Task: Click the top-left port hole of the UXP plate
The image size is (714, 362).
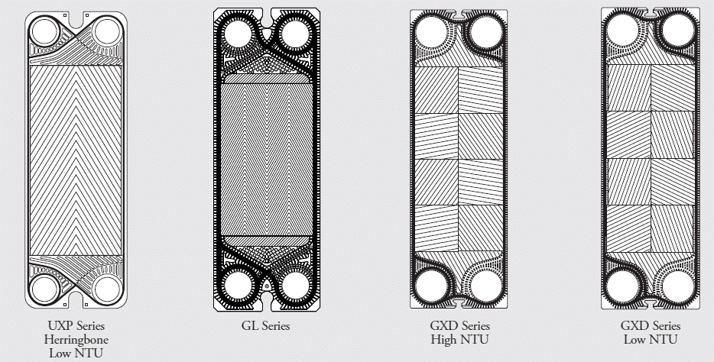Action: tap(45, 32)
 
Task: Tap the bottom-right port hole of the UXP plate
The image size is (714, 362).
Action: tap(107, 289)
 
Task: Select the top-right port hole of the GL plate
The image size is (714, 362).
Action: tap(296, 34)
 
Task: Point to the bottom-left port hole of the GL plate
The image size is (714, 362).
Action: tap(238, 286)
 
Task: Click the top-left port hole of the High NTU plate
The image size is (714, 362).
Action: tap(432, 32)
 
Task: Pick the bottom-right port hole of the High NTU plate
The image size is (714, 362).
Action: tap(486, 286)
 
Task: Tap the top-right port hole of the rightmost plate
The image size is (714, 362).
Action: tap(677, 31)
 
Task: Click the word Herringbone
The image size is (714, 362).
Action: tap(76, 340)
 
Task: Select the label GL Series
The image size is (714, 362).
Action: tap(266, 326)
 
